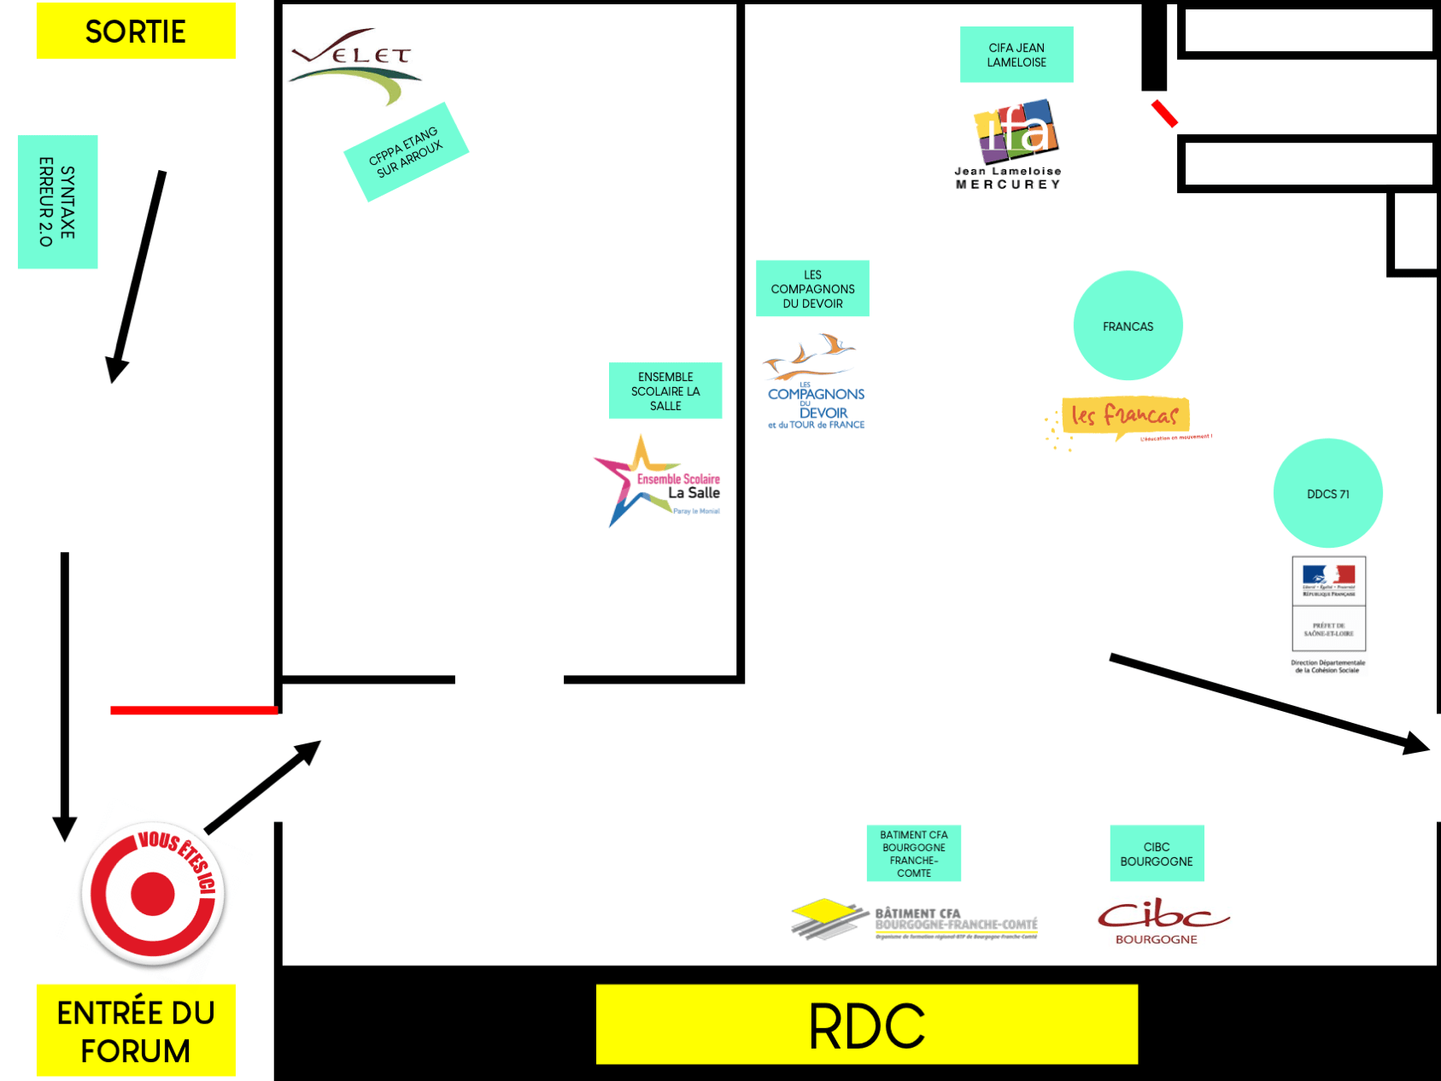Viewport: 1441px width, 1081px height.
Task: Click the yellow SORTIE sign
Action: [136, 31]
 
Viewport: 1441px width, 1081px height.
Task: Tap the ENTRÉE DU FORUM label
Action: [136, 1030]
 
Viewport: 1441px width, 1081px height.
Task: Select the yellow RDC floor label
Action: [866, 1025]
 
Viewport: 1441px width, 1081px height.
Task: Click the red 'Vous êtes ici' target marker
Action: [153, 894]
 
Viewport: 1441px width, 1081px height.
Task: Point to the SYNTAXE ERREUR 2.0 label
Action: [57, 202]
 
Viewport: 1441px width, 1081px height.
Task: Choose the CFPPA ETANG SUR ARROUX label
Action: [406, 152]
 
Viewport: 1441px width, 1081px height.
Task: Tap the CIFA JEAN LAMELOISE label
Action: [1016, 55]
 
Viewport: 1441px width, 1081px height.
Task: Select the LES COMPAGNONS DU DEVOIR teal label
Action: [812, 289]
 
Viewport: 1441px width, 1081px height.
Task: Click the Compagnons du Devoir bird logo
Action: [813, 381]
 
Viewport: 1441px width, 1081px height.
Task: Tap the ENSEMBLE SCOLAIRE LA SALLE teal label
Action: [665, 391]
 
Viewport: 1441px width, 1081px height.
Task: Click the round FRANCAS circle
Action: [1128, 326]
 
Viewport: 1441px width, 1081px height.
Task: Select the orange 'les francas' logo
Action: [1125, 418]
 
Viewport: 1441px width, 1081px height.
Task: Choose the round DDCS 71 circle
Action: [1327, 493]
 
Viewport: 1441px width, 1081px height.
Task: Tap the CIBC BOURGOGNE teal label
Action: [1157, 854]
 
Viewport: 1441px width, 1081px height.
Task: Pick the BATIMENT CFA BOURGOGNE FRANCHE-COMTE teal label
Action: [914, 854]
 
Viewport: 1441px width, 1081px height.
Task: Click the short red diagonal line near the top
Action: [1164, 114]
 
